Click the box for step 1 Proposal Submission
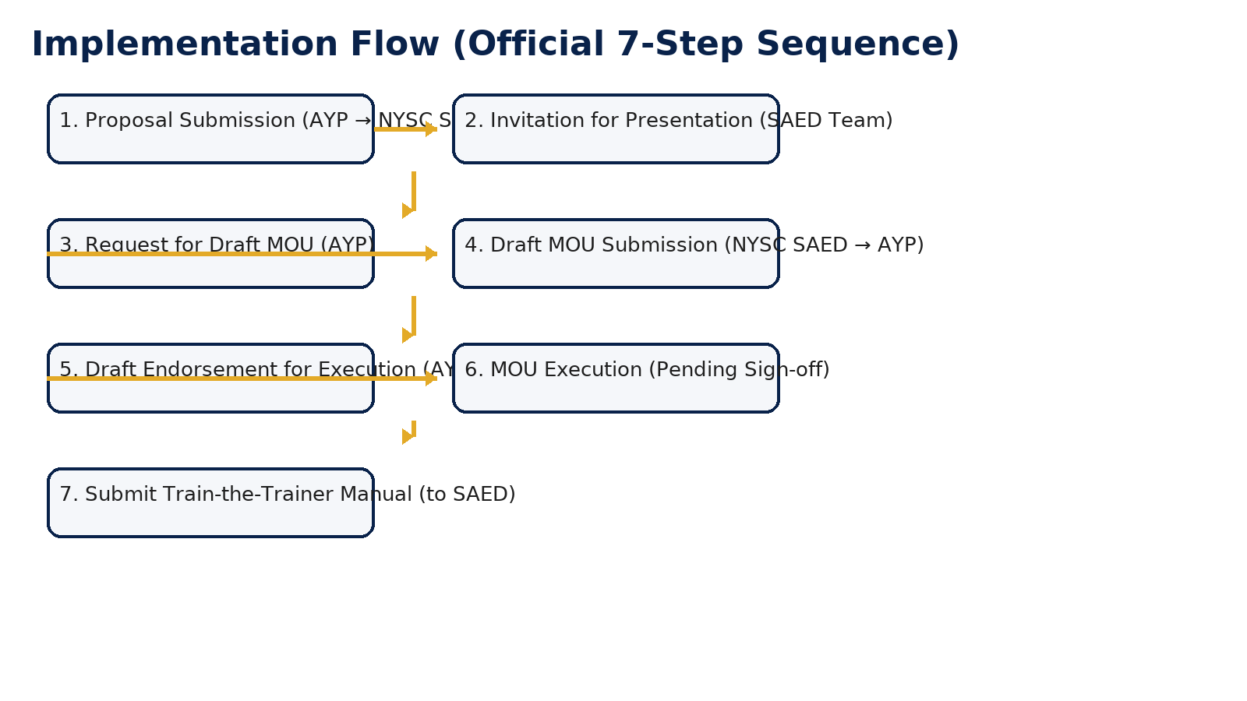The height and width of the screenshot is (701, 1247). [210, 144]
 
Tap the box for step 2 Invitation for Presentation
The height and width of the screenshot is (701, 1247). [616, 144]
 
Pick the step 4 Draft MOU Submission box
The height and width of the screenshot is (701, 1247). [616, 269]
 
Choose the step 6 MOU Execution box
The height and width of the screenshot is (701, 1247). [616, 393]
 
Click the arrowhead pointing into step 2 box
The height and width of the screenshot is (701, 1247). [431, 129]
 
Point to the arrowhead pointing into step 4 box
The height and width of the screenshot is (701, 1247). [431, 254]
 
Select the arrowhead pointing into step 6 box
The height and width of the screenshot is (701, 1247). [431, 379]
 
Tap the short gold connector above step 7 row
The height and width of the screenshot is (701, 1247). [414, 428]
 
